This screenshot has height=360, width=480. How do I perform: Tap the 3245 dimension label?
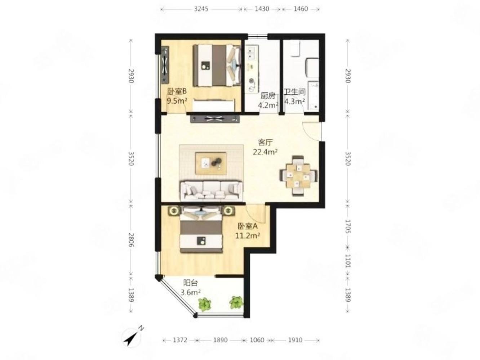(x=201, y=9)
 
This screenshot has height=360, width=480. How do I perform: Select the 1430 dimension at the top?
(x=262, y=9)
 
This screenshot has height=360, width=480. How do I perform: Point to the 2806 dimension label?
(x=131, y=240)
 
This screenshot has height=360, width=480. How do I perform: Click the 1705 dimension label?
(x=347, y=226)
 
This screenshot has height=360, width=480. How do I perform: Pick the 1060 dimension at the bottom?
(x=257, y=340)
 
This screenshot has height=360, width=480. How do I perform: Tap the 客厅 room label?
(x=265, y=143)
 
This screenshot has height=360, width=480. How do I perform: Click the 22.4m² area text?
(x=265, y=152)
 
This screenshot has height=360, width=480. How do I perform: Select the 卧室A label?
(x=248, y=226)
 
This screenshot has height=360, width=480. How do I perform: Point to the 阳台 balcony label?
(x=191, y=283)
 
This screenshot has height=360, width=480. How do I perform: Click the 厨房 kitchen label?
(x=268, y=96)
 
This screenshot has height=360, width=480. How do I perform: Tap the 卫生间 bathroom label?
(x=294, y=91)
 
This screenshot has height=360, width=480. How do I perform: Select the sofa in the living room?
(x=211, y=190)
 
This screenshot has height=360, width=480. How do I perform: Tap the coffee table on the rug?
(x=211, y=163)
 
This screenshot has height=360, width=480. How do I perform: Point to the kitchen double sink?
(x=252, y=53)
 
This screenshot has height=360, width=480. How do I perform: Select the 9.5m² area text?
(x=177, y=101)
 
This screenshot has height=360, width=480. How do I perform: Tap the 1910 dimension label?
(x=295, y=340)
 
